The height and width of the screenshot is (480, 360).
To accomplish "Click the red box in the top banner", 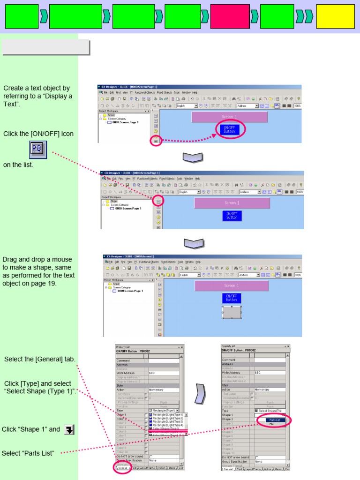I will point(230,16).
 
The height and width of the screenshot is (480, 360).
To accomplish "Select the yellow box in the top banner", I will point(335,16).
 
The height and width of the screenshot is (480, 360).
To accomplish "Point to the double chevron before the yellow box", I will point(305,16).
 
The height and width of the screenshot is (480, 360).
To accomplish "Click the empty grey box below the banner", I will point(45,47).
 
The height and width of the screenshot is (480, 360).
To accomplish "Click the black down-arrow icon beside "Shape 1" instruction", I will point(69,429).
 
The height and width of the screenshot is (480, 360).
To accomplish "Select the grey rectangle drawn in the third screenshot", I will point(231,312).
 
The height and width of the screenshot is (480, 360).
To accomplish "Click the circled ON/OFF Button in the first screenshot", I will point(230,130).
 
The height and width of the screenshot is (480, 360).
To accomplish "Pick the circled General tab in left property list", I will point(122,468).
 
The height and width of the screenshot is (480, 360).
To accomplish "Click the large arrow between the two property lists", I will point(201,394).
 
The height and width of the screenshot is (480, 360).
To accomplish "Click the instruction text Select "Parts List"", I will point(28,453).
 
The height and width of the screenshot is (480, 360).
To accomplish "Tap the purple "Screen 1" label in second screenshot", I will point(232,203).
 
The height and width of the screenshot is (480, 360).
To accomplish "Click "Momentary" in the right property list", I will point(262,390).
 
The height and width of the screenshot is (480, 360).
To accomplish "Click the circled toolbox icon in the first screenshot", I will point(156,140).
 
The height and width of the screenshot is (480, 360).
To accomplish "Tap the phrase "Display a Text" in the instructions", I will point(37,100).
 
